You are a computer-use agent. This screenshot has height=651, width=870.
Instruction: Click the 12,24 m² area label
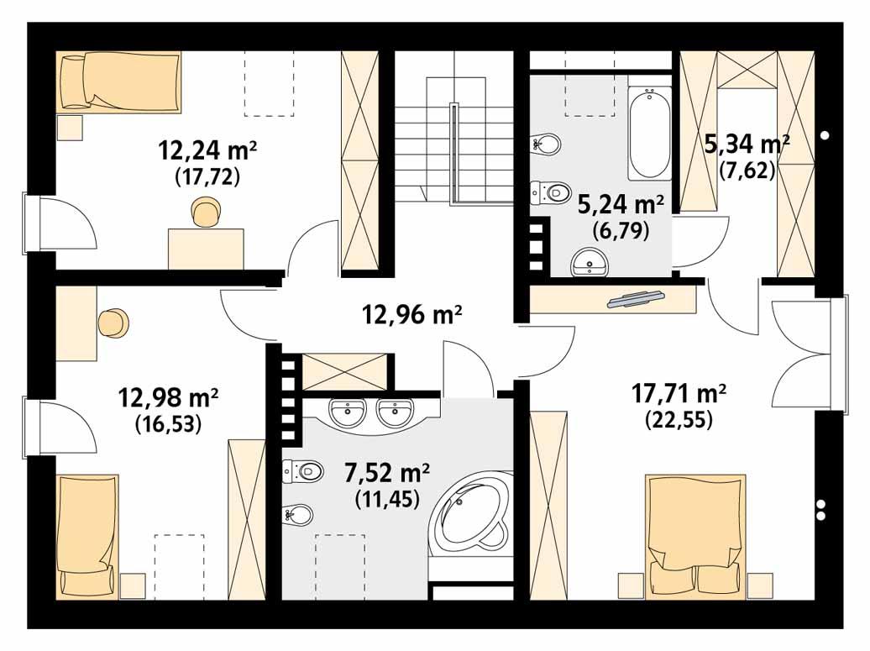pos(207,151)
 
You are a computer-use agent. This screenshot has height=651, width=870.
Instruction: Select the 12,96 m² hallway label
pos(412,315)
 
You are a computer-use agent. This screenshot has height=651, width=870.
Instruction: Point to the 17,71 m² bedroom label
pos(678,392)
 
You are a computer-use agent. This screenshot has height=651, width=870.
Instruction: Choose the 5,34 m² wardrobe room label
pos(747,144)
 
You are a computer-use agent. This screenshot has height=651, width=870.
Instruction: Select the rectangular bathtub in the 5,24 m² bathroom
pos(650,134)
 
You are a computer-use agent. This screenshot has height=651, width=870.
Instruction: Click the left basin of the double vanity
pos(348,412)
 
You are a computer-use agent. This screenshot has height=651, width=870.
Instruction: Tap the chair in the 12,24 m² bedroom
pos(206,213)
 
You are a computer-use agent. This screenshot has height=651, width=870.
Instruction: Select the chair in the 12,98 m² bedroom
pos(113,323)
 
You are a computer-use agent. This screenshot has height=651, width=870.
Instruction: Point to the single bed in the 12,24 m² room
pos(118,81)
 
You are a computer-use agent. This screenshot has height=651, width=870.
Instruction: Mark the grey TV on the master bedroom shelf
pos(637,298)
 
